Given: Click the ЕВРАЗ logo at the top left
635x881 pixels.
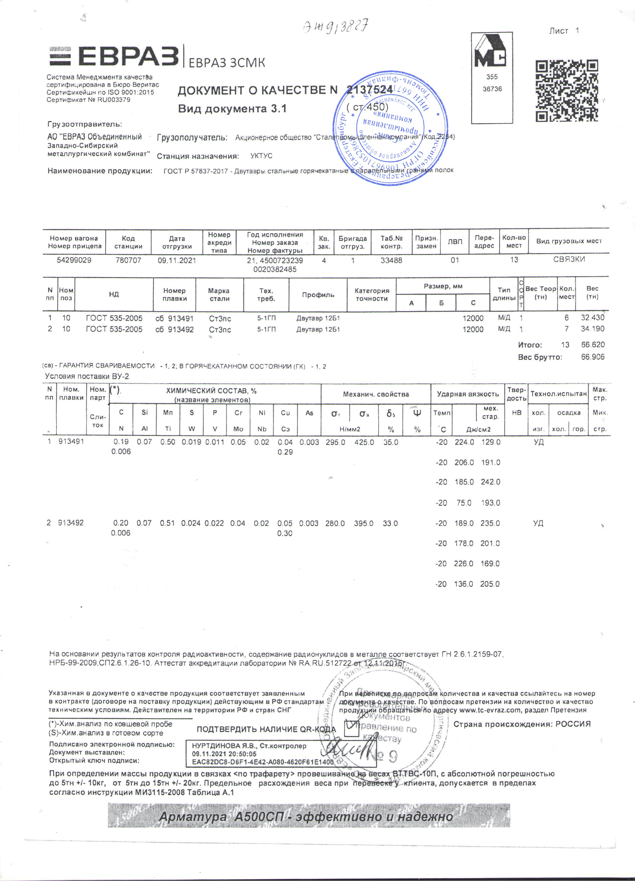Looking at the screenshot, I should click(x=113, y=56).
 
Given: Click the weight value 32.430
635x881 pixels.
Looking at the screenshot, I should click(x=592, y=317).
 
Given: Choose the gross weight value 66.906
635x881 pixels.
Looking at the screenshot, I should click(x=593, y=357).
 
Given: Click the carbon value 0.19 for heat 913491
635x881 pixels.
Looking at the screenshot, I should click(x=121, y=442).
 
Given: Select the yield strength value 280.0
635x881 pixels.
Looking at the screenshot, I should click(x=335, y=524).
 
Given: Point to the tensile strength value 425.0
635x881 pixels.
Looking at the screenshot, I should click(x=364, y=442).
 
